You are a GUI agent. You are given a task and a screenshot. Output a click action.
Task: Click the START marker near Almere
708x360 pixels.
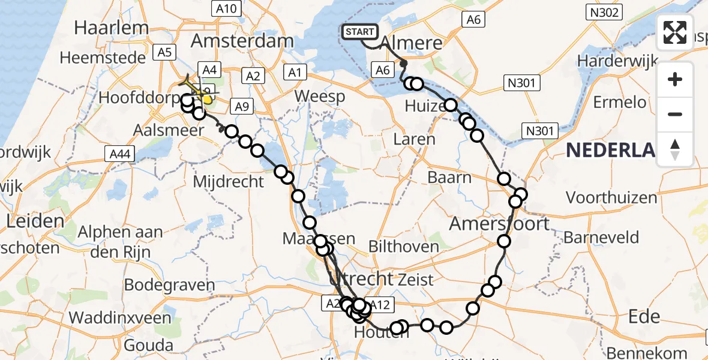(359, 32)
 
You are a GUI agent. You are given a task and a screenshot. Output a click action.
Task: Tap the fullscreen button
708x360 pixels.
(675, 32)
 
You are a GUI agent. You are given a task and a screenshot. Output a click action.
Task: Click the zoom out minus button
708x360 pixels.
(675, 114)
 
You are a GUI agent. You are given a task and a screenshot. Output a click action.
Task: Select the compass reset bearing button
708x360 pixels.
(675, 149)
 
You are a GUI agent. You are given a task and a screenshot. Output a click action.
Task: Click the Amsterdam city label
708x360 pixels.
(242, 41)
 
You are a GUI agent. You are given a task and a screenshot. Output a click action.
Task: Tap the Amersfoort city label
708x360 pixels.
(499, 224)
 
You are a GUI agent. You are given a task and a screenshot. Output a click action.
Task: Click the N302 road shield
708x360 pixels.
(604, 12)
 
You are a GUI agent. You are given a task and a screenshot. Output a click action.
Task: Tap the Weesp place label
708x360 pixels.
(320, 96)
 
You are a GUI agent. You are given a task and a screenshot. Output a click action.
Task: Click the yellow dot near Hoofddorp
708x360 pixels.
(208, 99)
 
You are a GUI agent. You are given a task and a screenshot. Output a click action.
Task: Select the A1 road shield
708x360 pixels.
(294, 73)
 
